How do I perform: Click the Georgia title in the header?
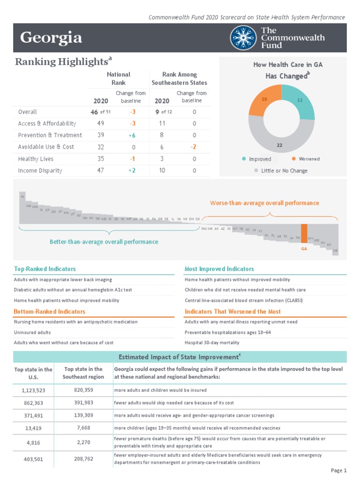pyautogui.click(x=51, y=37)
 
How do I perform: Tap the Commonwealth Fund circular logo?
pyautogui.click(x=243, y=37)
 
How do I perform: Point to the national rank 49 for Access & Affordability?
pyautogui.click(x=100, y=123)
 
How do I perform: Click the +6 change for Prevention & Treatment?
pyautogui.click(x=133, y=135)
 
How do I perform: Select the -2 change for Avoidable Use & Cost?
pyautogui.click(x=193, y=147)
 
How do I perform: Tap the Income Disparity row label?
pyautogui.click(x=40, y=171)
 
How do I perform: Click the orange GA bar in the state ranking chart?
pyautogui.click(x=304, y=233)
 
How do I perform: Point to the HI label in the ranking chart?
pyautogui.click(x=22, y=196)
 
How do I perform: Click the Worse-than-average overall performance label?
pyautogui.click(x=264, y=203)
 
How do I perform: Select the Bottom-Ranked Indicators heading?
pyautogui.click(x=50, y=311)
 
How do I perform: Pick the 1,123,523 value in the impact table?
pyautogui.click(x=33, y=390)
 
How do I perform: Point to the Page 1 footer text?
pyautogui.click(x=338, y=470)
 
